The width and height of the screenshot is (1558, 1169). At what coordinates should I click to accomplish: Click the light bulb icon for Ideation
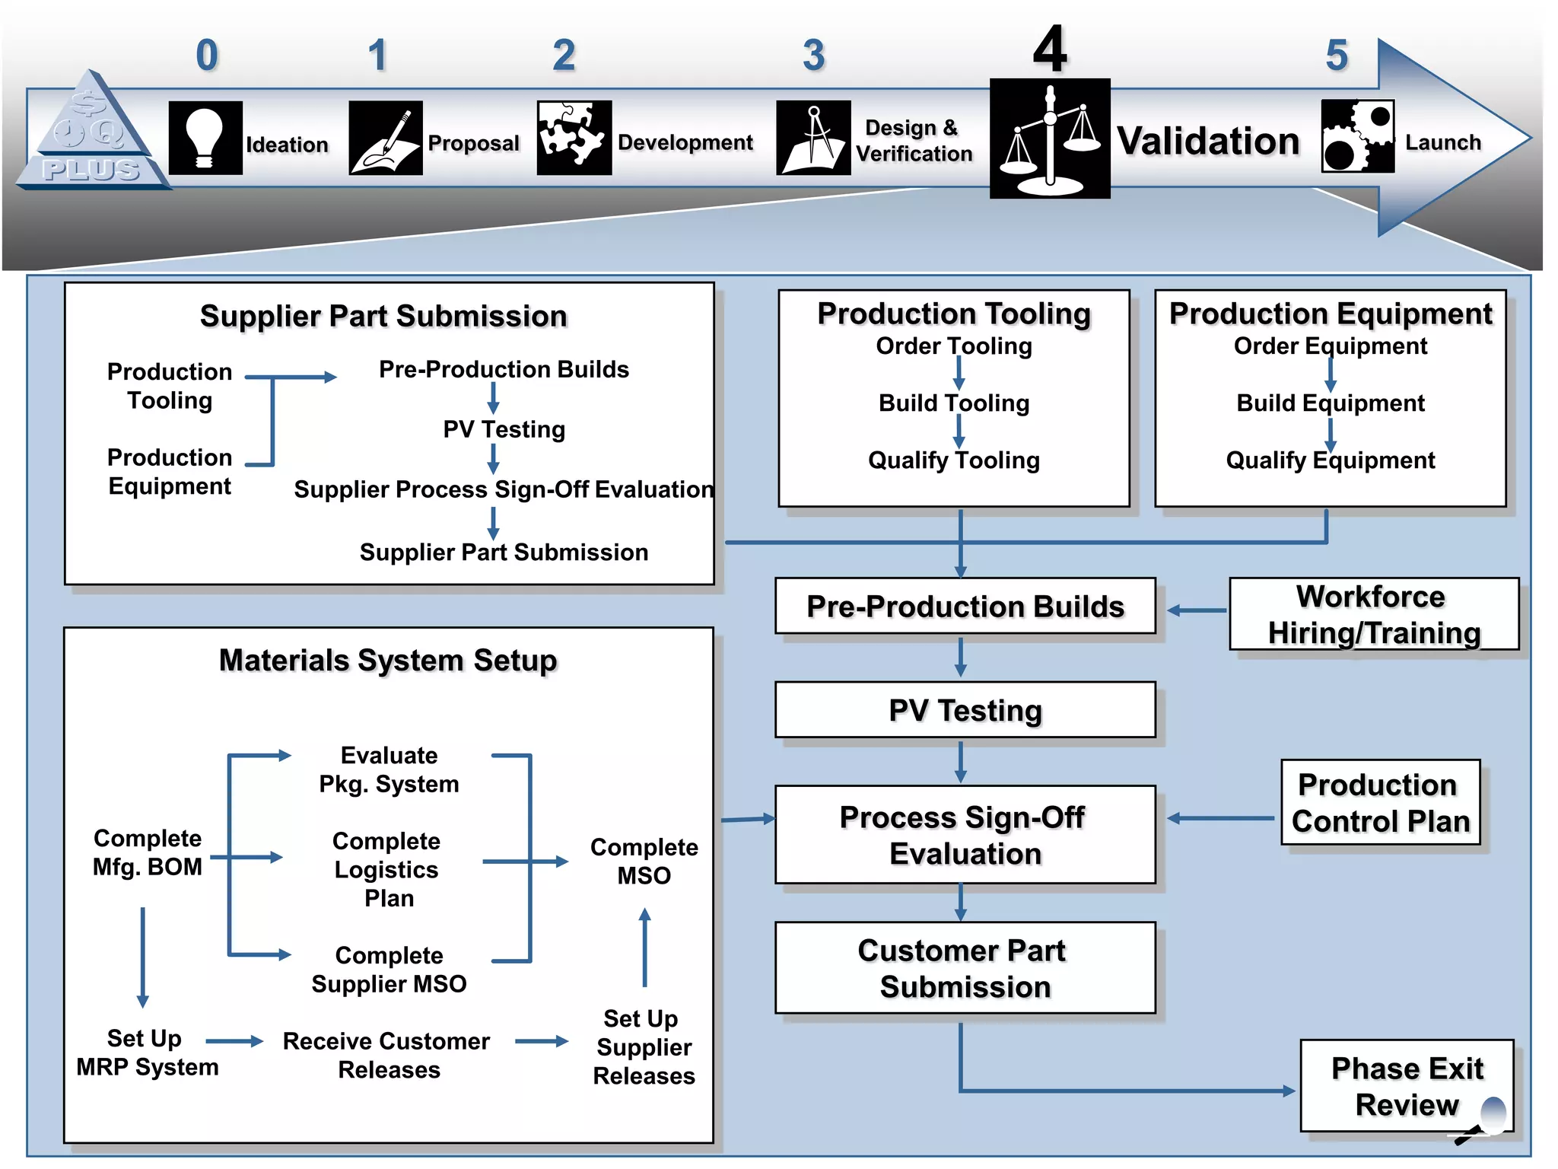[x=205, y=139]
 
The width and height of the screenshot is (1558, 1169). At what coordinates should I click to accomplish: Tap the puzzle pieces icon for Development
[x=574, y=138]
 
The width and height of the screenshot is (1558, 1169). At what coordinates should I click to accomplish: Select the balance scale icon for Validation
[x=1049, y=139]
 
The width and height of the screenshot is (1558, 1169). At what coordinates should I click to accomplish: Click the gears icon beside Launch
[x=1357, y=137]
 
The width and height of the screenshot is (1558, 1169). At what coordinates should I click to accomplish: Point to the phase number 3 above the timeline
[x=813, y=56]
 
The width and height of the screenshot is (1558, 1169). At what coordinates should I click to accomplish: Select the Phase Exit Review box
[x=1406, y=1086]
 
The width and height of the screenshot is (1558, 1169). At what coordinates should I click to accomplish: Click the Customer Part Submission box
[x=965, y=968]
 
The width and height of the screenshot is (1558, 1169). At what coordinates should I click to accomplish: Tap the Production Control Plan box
[x=1380, y=803]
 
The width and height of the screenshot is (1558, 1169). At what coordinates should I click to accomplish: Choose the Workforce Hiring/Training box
[x=1373, y=614]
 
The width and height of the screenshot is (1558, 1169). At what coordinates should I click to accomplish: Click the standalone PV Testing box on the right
[x=965, y=710]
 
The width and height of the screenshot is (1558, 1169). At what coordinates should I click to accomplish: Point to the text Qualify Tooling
[x=953, y=460]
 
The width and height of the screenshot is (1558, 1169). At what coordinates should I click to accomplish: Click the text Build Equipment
[x=1330, y=403]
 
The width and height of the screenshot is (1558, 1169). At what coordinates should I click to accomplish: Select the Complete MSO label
[x=644, y=861]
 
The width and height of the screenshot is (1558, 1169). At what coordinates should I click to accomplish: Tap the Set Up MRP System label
[x=147, y=1053]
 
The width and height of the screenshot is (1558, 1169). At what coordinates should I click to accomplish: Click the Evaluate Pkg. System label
[x=389, y=769]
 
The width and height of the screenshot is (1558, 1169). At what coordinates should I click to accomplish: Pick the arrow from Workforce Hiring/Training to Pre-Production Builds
[x=1197, y=610]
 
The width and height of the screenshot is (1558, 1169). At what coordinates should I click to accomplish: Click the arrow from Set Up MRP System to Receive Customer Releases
[x=234, y=1041]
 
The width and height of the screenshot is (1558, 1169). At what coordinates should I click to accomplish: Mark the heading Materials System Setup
[x=388, y=661]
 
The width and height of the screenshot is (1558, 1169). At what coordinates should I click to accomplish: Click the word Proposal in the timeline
[x=473, y=143]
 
